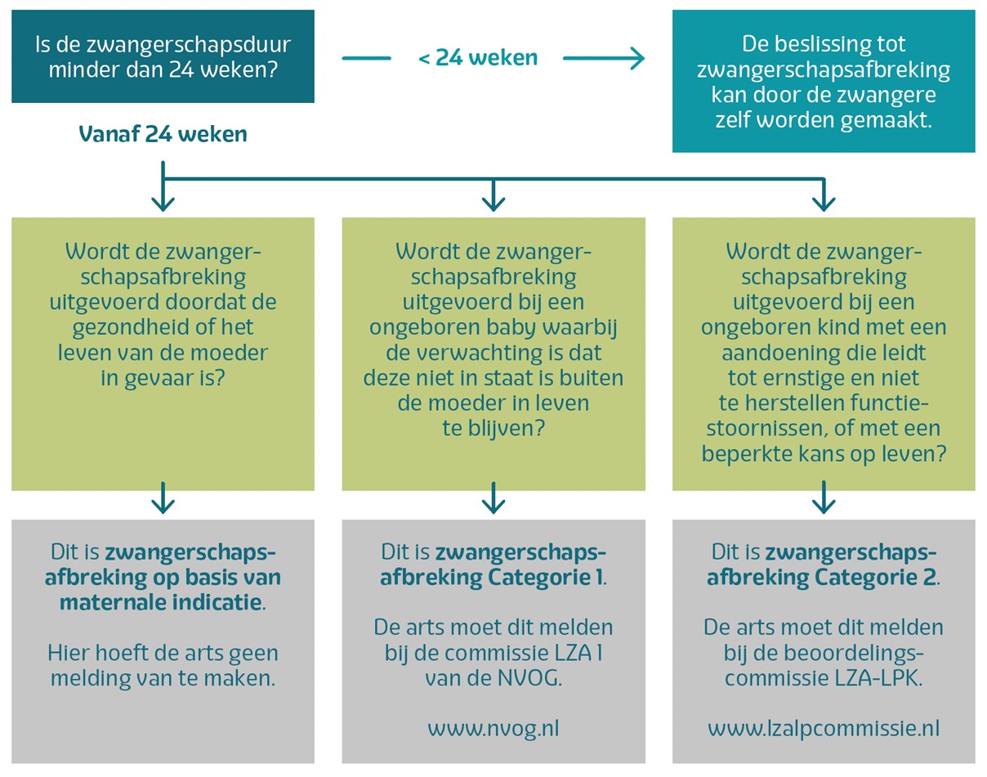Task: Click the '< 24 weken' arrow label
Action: tap(477, 58)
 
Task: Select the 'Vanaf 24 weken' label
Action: tap(163, 134)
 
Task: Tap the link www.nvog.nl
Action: tap(493, 728)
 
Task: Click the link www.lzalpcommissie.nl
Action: tap(824, 728)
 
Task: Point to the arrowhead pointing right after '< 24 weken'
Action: tap(634, 58)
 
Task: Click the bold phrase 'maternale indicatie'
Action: tap(161, 603)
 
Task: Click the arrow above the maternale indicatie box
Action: tap(163, 498)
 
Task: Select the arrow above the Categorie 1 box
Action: tap(493, 498)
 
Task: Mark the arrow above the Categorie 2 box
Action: tap(824, 498)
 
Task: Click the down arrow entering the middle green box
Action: tap(493, 196)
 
